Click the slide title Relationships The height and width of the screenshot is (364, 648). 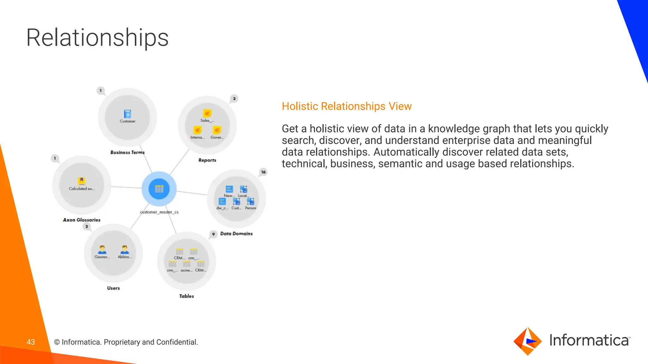tap(97, 38)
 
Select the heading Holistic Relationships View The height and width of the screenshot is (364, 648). tap(346, 106)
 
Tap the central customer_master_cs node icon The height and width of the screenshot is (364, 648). tap(159, 189)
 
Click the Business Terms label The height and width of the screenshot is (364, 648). tap(127, 152)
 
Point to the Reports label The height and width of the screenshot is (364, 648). tap(207, 160)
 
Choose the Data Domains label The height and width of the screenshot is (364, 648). tap(236, 234)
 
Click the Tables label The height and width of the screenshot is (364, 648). tap(186, 296)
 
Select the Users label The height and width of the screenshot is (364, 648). tap(113, 288)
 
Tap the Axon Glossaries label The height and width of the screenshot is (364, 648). tap(82, 220)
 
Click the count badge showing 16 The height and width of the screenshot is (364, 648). tap(263, 172)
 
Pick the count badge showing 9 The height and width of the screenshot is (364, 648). tap(213, 234)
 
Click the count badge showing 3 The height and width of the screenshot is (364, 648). tap(234, 99)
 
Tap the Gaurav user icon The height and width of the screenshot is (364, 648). tap(102, 250)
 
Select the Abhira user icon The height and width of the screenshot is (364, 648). tap(125, 250)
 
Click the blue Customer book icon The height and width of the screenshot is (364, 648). tap(128, 114)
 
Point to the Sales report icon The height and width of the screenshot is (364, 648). tap(207, 113)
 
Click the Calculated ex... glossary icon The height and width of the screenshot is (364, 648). tap(82, 181)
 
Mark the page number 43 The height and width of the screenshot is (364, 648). tap(31, 342)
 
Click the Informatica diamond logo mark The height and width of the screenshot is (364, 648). tap(527, 341)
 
